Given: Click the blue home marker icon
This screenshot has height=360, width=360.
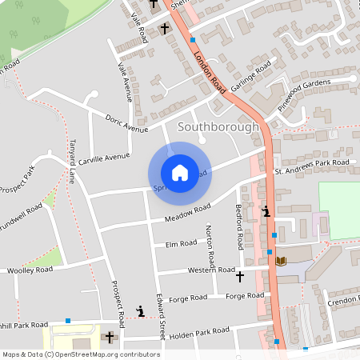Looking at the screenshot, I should pyautogui.click(x=179, y=172).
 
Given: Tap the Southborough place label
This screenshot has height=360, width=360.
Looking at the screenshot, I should pyautogui.click(x=218, y=126).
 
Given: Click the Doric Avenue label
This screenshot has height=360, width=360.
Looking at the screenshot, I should pyautogui.click(x=126, y=123).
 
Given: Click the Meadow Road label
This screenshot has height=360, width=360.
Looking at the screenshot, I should pyautogui.click(x=187, y=213).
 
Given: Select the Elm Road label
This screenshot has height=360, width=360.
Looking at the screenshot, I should pyautogui.click(x=181, y=243).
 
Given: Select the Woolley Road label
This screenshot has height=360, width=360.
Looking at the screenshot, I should pyautogui.click(x=30, y=270).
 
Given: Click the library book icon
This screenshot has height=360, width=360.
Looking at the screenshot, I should pyautogui.click(x=281, y=261).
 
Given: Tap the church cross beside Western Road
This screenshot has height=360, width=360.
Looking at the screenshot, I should pyautogui.click(x=240, y=277).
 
